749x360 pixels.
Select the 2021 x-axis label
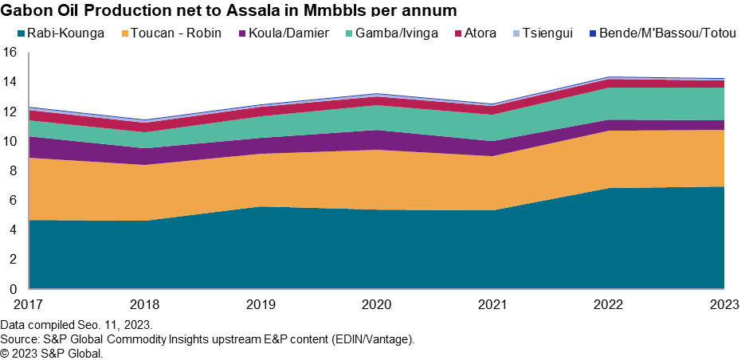coord(491,303)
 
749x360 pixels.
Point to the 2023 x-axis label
coord(723,303)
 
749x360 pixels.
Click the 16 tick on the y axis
coord(10,53)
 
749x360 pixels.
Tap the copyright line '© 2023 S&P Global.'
coord(52,353)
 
